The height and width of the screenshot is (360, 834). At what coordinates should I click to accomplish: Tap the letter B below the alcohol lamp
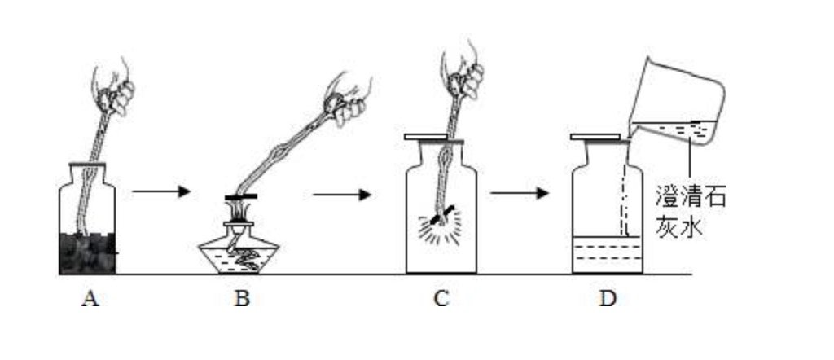coord(241,299)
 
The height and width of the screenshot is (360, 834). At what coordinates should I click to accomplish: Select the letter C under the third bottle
coord(441,299)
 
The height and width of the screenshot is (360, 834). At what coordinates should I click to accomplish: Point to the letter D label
coord(607,299)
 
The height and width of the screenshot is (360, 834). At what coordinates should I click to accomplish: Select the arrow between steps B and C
coord(341,194)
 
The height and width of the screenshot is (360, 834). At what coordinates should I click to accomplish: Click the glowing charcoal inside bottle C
coord(440,217)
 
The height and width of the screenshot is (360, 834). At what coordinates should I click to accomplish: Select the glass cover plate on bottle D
coord(600,138)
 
